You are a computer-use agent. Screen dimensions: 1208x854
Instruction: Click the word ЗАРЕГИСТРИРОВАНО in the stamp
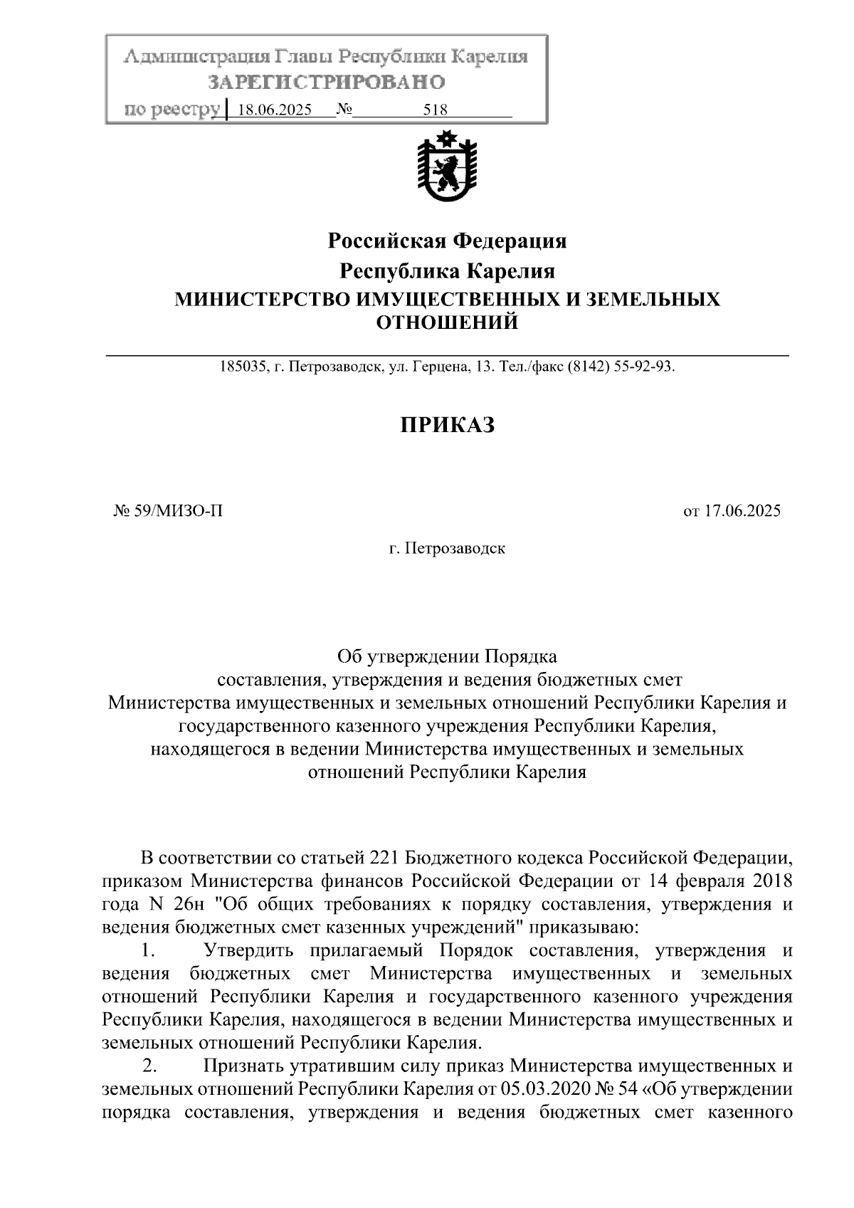tap(327, 83)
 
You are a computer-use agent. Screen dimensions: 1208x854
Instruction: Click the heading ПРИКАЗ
tap(446, 425)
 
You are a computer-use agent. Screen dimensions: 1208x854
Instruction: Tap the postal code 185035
tap(242, 367)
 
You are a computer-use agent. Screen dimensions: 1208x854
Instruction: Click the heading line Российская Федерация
tap(446, 241)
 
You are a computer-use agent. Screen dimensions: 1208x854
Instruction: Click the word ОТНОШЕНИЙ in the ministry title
tap(446, 323)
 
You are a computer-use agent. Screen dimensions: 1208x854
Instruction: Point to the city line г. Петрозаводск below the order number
tap(446, 549)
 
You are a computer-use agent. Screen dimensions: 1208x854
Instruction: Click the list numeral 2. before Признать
tap(149, 1066)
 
